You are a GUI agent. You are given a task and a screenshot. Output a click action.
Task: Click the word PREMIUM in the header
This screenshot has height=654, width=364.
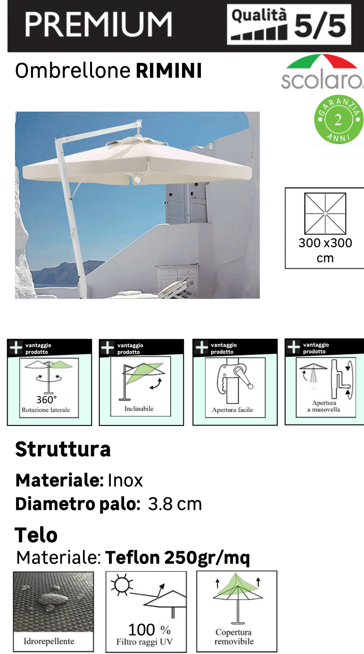point(98,25)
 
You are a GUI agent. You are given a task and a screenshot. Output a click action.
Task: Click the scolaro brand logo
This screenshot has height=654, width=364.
point(322,73)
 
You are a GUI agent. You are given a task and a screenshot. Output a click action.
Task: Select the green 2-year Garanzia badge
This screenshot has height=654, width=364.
point(338,119)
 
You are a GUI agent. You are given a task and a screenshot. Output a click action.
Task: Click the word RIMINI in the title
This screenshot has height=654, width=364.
point(169,71)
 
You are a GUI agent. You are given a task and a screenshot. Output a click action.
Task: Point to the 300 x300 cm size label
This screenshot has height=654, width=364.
point(325,250)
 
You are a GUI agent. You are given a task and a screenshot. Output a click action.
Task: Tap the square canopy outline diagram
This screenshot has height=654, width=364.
point(325,213)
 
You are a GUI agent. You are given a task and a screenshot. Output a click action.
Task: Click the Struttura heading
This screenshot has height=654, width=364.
point(63,450)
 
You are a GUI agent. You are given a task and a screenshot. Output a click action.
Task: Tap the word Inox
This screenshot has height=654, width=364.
point(125,481)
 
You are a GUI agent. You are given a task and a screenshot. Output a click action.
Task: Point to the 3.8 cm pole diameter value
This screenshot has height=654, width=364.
point(175,504)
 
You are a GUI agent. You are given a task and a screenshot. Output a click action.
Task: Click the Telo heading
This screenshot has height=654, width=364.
point(36,535)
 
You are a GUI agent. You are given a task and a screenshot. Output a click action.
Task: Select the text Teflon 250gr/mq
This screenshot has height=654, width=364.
point(177,558)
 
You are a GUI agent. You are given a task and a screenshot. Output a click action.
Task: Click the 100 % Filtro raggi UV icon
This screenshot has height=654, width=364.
point(146,611)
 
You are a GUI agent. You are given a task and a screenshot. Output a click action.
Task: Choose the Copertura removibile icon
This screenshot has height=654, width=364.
point(237,611)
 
